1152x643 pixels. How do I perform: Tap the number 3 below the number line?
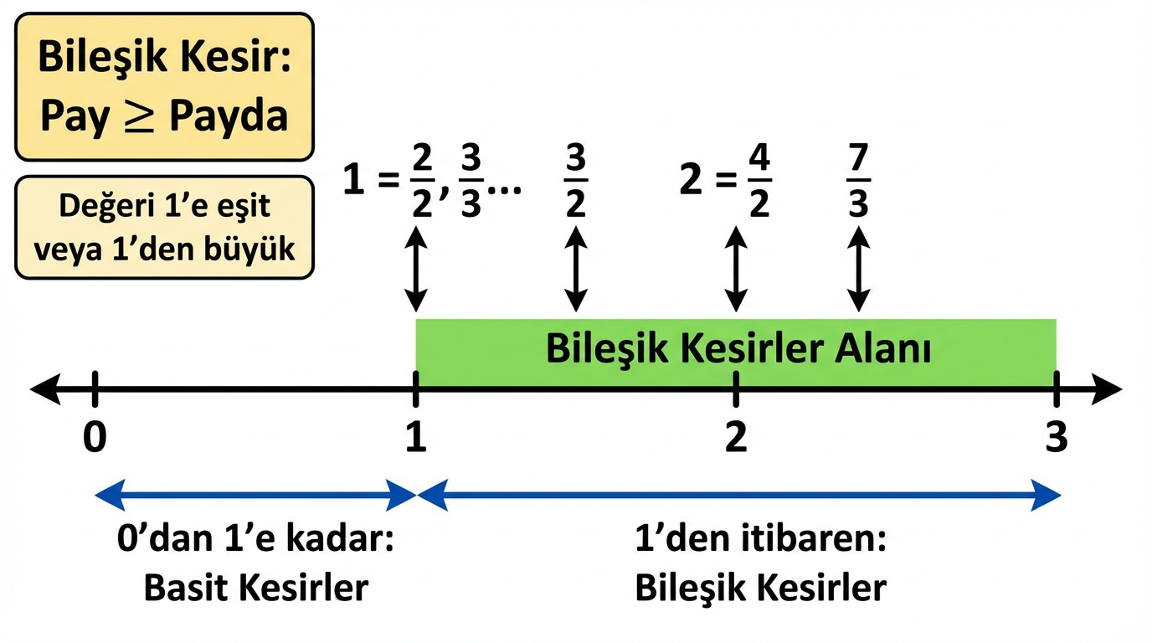pos(1057,437)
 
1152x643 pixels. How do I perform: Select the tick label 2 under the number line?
pos(736,437)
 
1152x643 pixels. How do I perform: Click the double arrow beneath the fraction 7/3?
pos(859,270)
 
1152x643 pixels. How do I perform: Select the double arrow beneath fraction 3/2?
pos(575,270)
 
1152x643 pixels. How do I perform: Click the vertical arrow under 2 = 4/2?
pos(736,270)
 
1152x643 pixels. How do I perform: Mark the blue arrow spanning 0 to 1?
pos(255,495)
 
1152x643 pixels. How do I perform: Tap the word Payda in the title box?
pos(229,117)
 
